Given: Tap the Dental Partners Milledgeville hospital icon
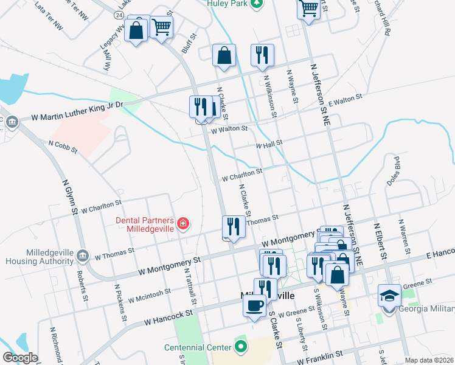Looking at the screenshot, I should click(182, 224).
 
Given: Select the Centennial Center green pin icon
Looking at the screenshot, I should click(241, 347).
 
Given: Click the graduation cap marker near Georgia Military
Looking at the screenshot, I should click(389, 296).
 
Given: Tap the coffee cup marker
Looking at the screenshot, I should click(254, 305).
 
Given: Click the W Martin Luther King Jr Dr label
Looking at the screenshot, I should click(77, 113).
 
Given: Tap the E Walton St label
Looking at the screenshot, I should click(345, 100).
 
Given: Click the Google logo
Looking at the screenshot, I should click(20, 358).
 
